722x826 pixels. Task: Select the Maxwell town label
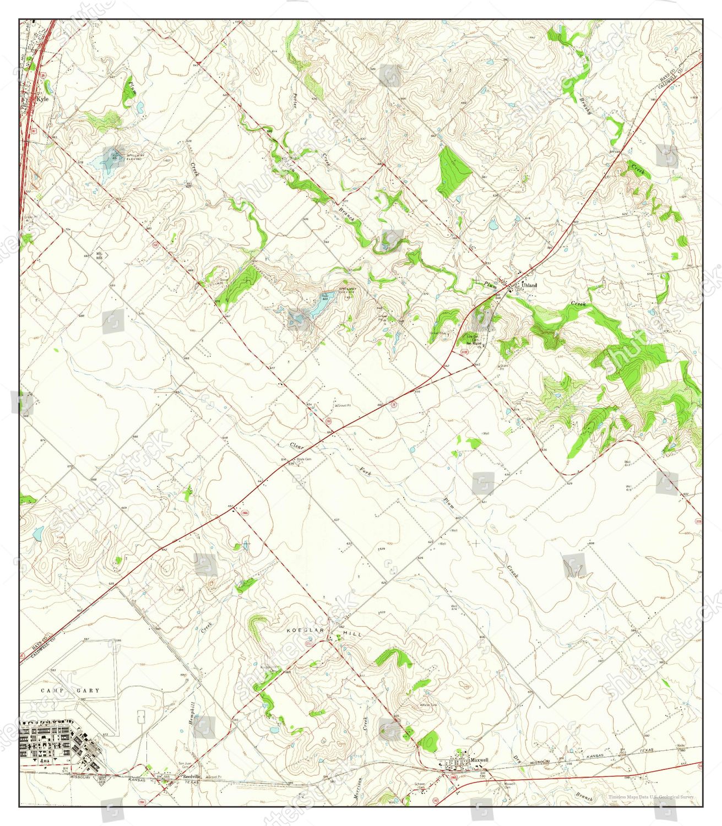click(479, 760)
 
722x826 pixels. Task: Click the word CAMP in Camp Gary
click(50, 690)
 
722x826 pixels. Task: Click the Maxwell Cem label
click(509, 784)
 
